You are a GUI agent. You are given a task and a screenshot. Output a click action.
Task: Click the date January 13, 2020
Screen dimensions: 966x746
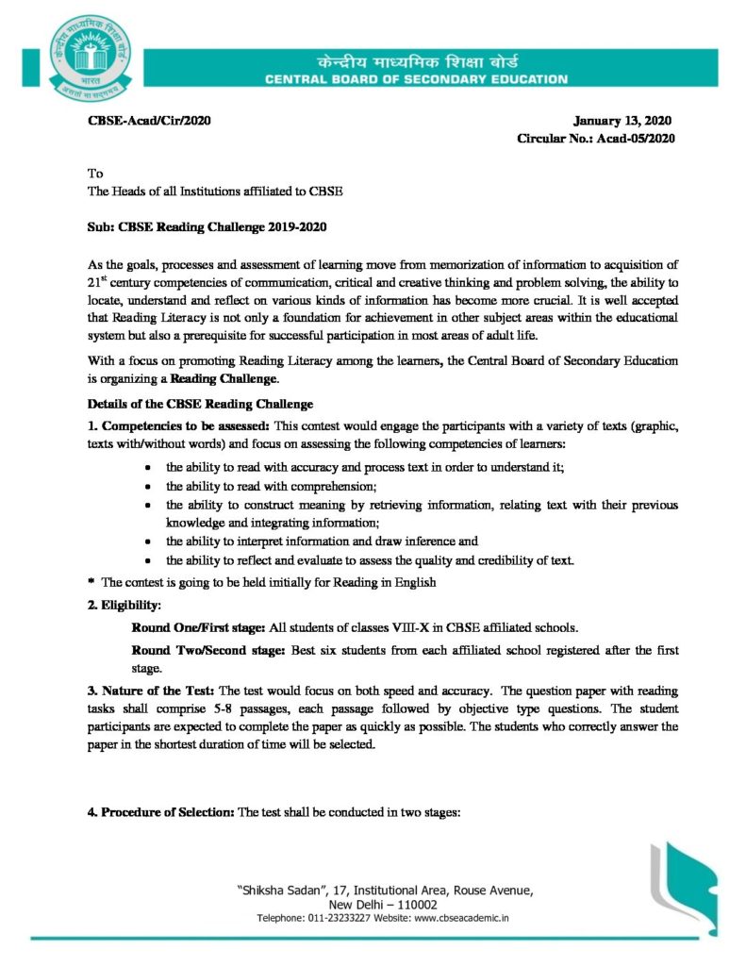[623, 120]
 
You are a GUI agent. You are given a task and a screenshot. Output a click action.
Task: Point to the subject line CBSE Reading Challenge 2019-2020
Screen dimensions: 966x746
[207, 227]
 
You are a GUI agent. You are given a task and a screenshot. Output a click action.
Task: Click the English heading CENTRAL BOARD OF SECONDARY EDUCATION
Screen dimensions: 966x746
[416, 80]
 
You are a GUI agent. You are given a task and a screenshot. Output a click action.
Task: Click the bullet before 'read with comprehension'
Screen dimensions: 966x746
[148, 487]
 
